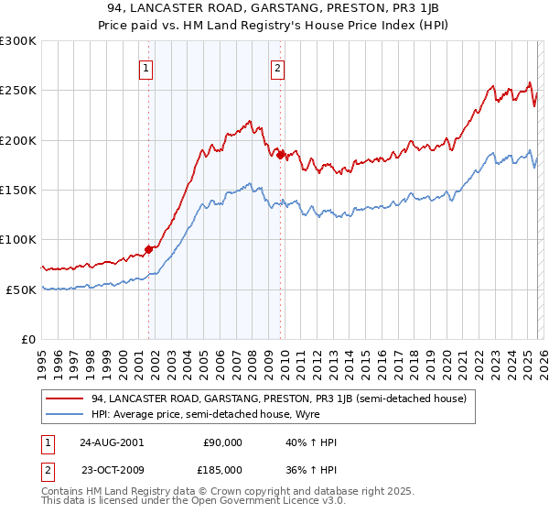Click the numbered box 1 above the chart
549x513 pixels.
146,67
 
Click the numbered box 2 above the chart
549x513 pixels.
276,67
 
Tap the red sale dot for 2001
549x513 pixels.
148,249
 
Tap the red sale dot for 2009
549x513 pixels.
281,155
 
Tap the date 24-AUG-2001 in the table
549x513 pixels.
116,442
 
